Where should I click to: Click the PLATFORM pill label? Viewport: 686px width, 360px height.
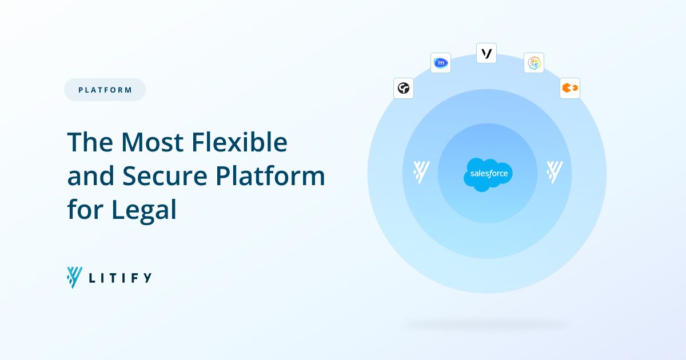(105, 90)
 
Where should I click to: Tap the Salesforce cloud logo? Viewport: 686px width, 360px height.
(488, 174)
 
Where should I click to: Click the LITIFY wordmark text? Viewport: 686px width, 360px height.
(120, 278)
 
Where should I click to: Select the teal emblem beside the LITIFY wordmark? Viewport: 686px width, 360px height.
(74, 277)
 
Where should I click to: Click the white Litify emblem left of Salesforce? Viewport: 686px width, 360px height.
(421, 172)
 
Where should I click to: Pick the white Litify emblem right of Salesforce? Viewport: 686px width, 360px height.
(555, 172)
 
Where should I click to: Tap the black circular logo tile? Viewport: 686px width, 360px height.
(404, 89)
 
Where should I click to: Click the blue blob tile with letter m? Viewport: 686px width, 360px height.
(441, 63)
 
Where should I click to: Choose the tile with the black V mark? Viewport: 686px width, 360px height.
(486, 53)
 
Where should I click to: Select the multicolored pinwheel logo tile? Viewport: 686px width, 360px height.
(534, 63)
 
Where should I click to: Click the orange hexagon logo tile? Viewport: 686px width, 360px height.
(570, 89)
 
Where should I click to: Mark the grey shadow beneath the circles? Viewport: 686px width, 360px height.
(485, 325)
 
